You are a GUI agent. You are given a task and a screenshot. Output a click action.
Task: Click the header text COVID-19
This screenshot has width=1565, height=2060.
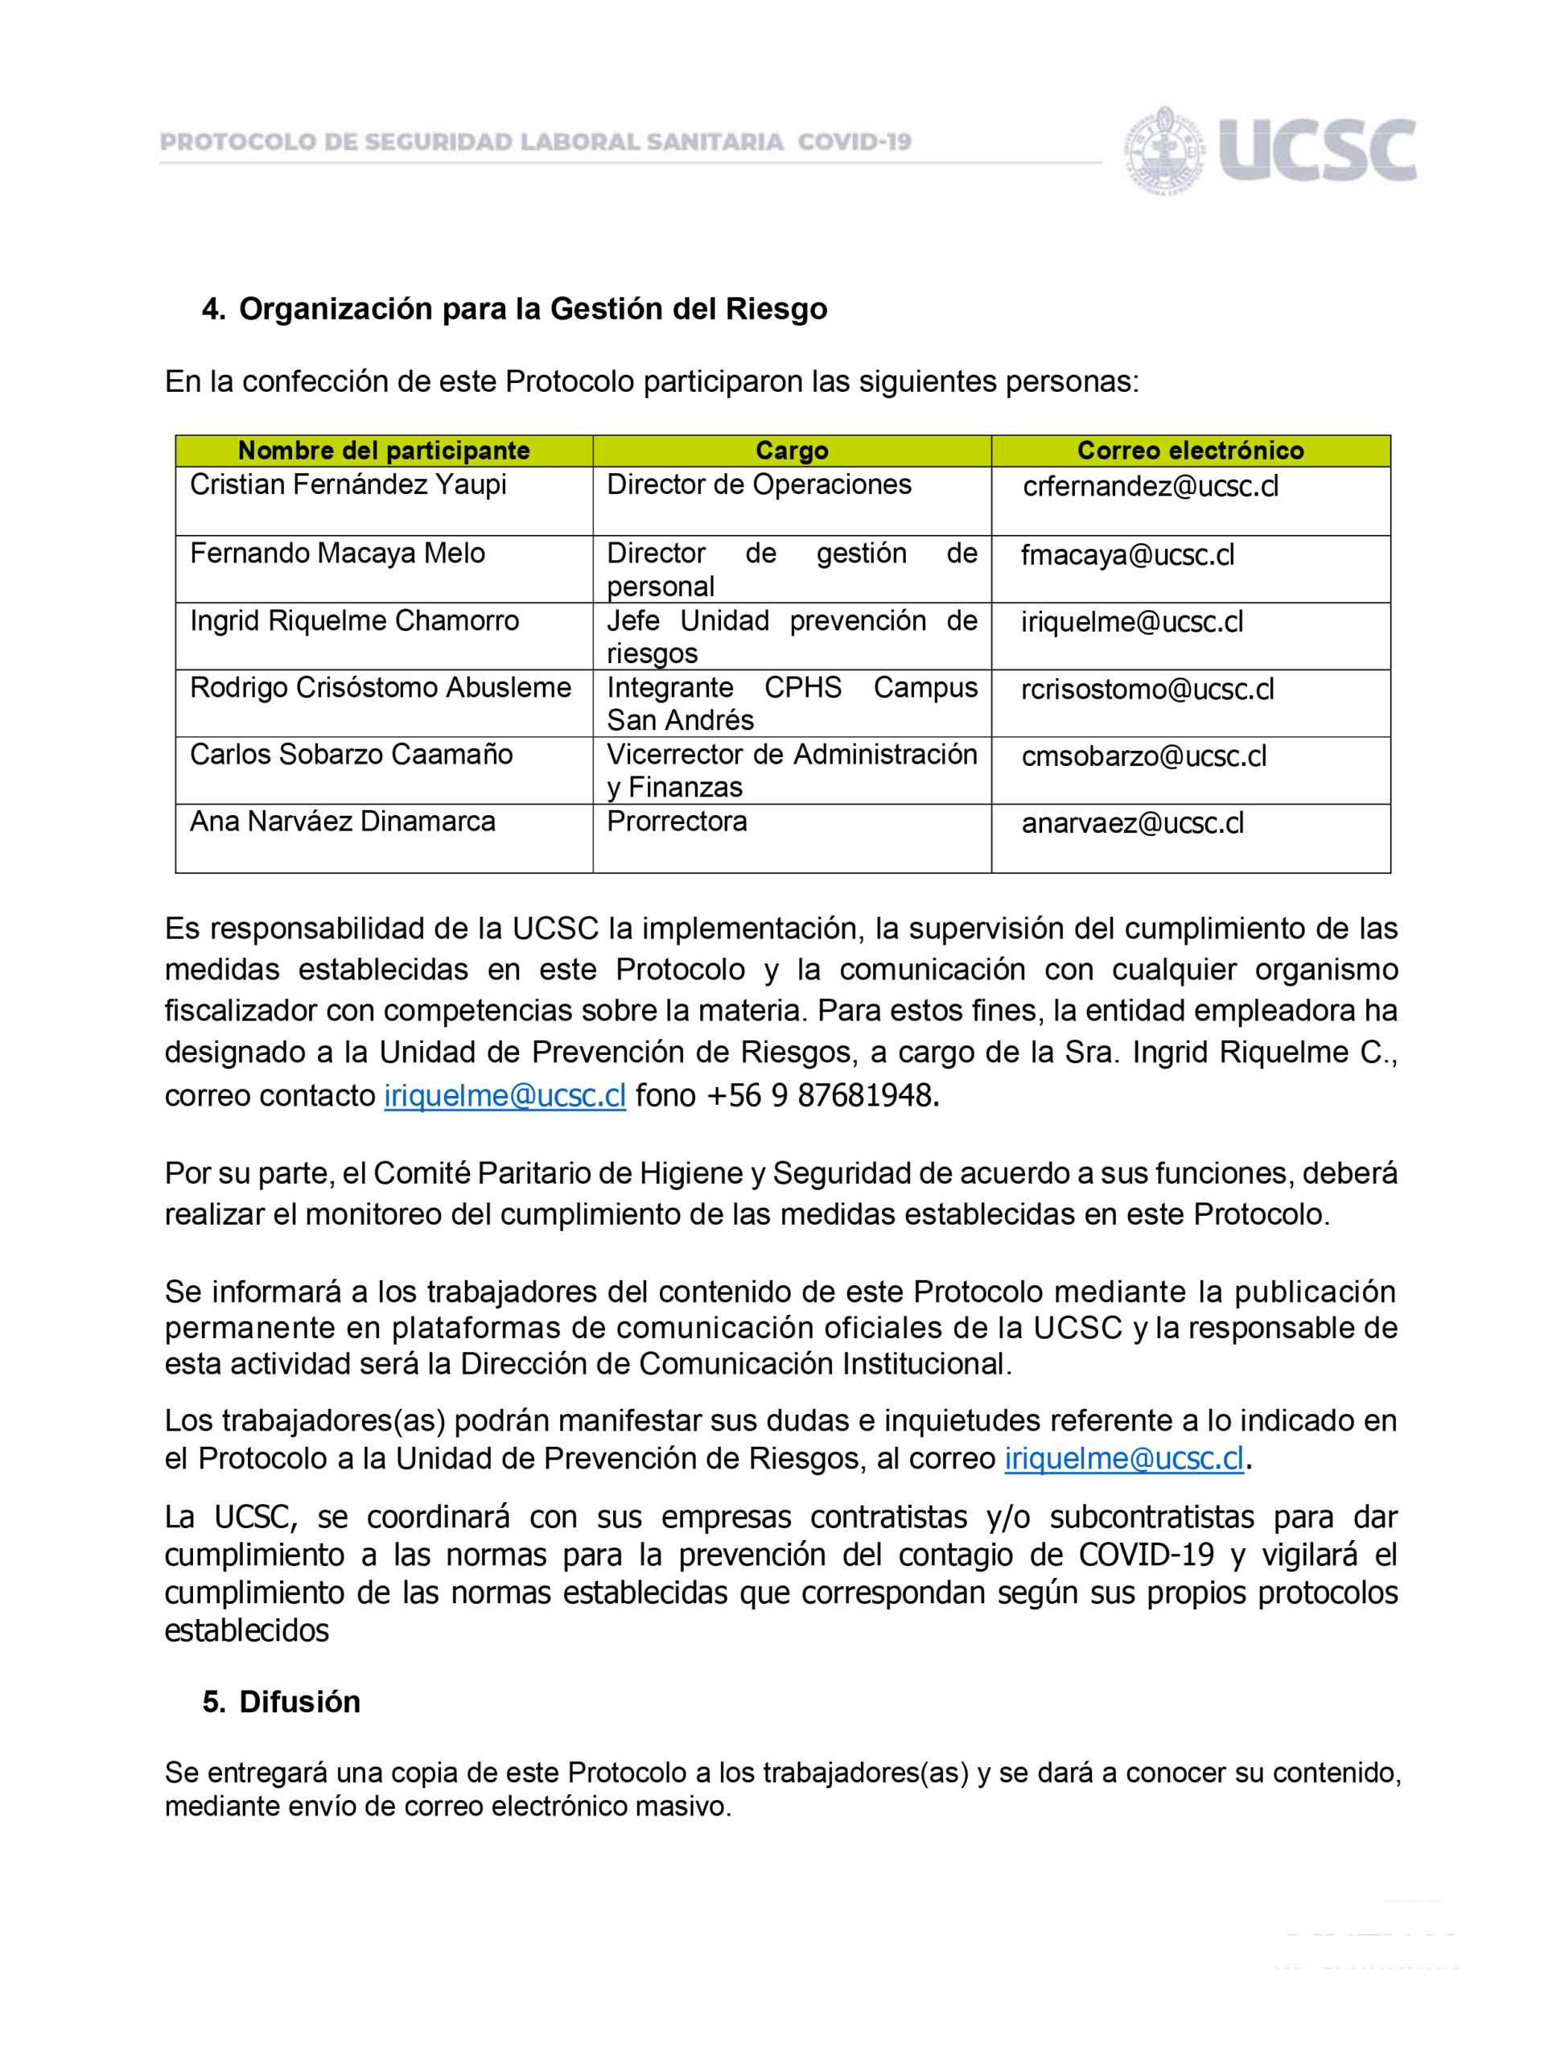coord(855,142)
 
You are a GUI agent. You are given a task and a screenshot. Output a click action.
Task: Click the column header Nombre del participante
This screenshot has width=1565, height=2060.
coord(384,451)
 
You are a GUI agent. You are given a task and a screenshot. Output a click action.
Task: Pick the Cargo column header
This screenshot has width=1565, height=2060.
coord(792,451)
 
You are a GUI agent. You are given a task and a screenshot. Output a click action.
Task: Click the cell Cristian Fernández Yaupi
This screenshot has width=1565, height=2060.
coord(348,484)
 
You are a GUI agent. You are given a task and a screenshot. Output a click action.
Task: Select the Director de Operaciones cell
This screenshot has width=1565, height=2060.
coord(758,484)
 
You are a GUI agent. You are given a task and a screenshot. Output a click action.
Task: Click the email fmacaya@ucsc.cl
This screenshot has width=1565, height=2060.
coord(1127,555)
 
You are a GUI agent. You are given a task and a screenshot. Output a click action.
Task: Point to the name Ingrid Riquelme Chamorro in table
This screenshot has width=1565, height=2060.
coord(354,620)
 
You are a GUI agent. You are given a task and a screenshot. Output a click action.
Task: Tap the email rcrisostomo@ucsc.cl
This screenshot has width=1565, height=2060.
coord(1147,690)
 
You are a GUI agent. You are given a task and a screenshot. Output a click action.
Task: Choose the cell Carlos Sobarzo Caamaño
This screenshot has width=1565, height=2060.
coord(351,754)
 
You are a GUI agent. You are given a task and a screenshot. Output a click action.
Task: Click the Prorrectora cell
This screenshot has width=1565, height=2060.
coord(677,822)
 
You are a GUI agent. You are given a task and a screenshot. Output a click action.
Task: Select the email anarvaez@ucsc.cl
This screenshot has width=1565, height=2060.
coord(1132,824)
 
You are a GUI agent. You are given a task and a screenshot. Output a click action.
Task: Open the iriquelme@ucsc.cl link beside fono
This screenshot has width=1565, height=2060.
coord(505,1096)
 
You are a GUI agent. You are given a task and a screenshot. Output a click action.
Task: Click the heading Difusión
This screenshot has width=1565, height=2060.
coord(299,1702)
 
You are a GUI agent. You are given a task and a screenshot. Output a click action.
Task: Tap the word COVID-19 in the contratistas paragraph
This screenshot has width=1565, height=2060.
coord(1146,1554)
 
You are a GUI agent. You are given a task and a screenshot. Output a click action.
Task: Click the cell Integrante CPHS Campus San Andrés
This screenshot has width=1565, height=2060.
coord(792,703)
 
